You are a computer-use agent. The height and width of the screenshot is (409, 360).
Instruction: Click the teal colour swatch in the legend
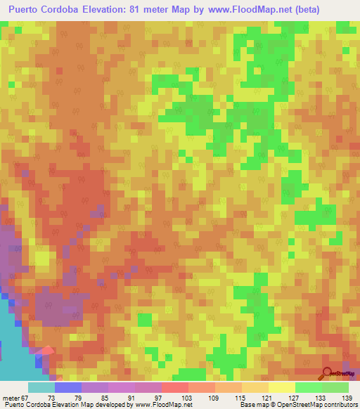pos(41,387)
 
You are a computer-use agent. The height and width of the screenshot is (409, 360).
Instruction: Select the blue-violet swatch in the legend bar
pos(67,387)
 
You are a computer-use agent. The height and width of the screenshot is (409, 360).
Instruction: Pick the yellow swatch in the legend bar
pos(281,387)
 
